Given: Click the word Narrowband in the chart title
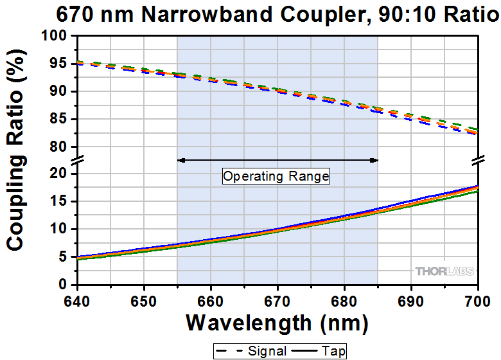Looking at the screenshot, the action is point(207,14).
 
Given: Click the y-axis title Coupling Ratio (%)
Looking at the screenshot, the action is point(15,150).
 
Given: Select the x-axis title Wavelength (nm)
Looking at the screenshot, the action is point(277,323).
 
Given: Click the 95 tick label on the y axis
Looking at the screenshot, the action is point(58,64).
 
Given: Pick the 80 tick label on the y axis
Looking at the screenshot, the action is point(58,147).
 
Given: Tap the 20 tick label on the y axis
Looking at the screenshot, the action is point(58,174).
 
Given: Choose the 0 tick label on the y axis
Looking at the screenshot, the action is point(63,284).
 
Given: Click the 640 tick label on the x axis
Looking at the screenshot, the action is point(77,301).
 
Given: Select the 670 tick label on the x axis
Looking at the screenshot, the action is point(277,301).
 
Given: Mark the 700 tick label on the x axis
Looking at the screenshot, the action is point(478,301).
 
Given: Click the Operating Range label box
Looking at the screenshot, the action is point(276,176).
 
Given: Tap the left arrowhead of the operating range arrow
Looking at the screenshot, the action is point(181,160).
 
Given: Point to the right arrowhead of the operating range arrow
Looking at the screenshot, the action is point(374,160).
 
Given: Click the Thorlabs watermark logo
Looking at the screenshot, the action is point(444,271).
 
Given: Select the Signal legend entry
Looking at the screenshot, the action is point(251,351).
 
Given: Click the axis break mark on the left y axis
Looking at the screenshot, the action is point(78,160).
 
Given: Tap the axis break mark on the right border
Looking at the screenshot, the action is point(478,160).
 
